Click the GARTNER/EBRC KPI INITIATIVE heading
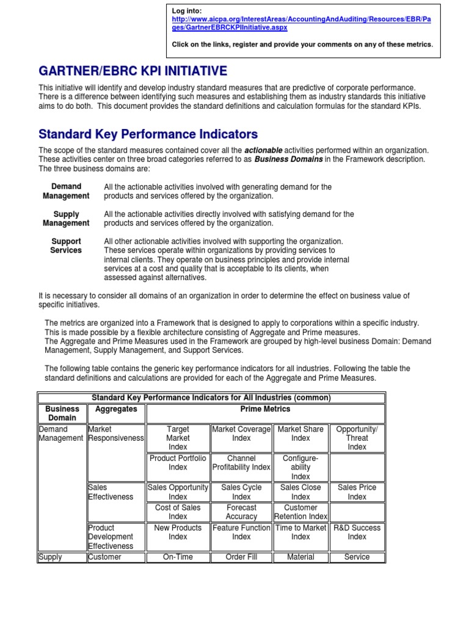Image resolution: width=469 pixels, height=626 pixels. click(x=133, y=72)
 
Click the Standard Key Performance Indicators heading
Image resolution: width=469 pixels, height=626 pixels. click(x=148, y=134)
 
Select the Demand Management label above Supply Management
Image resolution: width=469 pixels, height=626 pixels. click(x=66, y=191)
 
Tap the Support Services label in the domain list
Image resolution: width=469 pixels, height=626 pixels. click(x=66, y=246)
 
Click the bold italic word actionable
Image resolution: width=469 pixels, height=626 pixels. click(x=264, y=150)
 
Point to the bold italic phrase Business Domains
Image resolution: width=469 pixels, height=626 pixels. click(x=288, y=160)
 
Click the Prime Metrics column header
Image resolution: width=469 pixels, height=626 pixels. click(x=266, y=409)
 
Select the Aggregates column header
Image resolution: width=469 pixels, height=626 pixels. click(x=116, y=409)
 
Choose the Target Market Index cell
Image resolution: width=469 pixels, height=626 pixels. click(x=178, y=438)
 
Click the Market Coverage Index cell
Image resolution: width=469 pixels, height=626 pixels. click(x=241, y=434)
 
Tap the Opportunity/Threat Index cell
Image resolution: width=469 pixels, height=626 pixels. click(x=357, y=438)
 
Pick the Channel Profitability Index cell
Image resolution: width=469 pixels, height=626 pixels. click(x=241, y=463)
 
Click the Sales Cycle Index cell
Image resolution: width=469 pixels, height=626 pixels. click(x=241, y=492)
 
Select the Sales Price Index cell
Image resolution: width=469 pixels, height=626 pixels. click(x=357, y=492)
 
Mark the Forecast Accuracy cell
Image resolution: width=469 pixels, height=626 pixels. click(x=241, y=512)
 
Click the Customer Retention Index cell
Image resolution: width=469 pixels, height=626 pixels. click(x=300, y=512)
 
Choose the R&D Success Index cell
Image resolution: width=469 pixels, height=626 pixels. click(x=357, y=532)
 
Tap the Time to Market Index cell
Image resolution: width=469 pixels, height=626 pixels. click(x=300, y=532)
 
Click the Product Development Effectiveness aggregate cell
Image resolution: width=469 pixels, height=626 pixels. click(x=111, y=537)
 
